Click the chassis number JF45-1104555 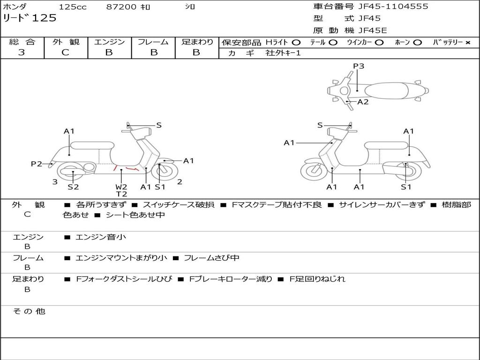pos(393,7)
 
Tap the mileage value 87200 pos(121,7)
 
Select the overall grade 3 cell pos(22,52)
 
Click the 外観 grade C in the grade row pos(66,52)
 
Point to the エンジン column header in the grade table pos(109,42)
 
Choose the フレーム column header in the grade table pos(153,42)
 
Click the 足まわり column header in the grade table pos(197,42)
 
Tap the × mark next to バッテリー pos(468,42)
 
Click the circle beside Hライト pos(296,42)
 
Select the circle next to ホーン pos(418,42)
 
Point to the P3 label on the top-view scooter pos(359,66)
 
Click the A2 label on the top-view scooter pos(363,102)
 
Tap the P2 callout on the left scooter pos(37,164)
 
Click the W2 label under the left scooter pos(121,187)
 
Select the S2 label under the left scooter pos(73,187)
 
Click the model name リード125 pos(30,18)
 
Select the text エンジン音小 pos(101,237)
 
